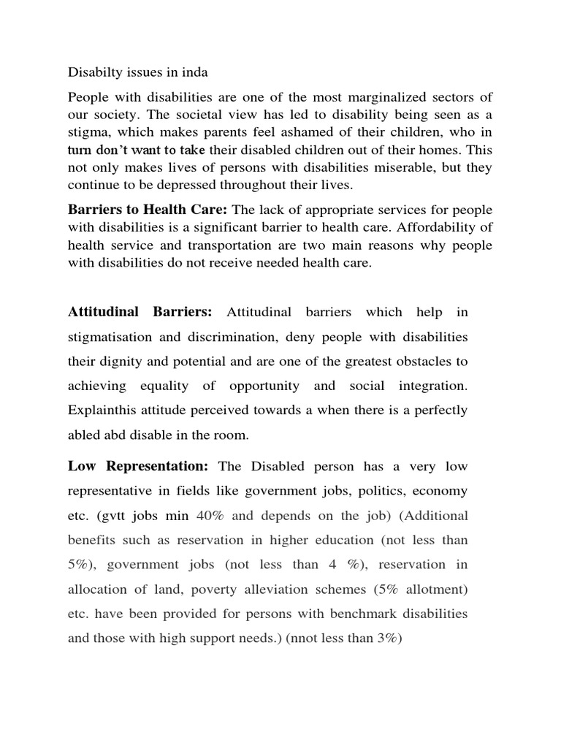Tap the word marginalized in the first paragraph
pyautogui.click(x=388, y=98)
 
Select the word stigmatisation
pyautogui.click(x=111, y=337)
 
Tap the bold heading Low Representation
pyautogui.click(x=139, y=466)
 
